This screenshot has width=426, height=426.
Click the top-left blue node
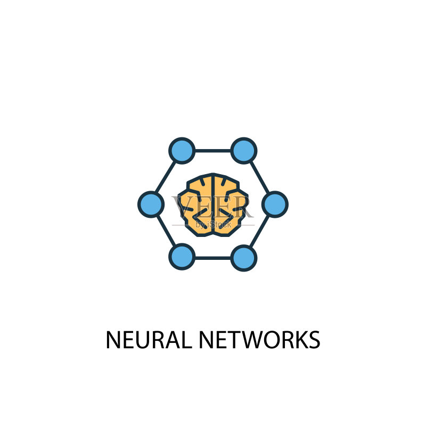pyautogui.click(x=182, y=151)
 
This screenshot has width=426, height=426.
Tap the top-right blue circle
pyautogui.click(x=244, y=151)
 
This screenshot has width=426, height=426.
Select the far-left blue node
pyautogui.click(x=151, y=204)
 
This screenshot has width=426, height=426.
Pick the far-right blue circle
pyautogui.click(x=275, y=204)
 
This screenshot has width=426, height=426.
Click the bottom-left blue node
pyautogui.click(x=182, y=257)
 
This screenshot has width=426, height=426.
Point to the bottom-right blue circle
pyautogui.click(x=244, y=258)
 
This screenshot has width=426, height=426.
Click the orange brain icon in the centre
pyautogui.click(x=212, y=204)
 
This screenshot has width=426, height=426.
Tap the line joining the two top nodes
pyautogui.click(x=212, y=151)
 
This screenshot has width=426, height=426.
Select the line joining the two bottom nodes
pyautogui.click(x=212, y=258)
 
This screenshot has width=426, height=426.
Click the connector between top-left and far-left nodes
pyautogui.click(x=166, y=177)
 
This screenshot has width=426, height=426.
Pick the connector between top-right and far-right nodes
pyautogui.click(x=259, y=177)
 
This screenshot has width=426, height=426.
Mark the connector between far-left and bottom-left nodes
pyautogui.click(x=166, y=231)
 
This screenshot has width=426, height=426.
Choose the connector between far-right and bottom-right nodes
pyautogui.click(x=259, y=232)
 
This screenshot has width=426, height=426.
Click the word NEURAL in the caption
pyautogui.click(x=149, y=340)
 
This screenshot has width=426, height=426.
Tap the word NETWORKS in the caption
pyautogui.click(x=260, y=340)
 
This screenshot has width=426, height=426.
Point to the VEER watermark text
pyautogui.click(x=212, y=207)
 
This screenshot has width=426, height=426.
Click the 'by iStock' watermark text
pyautogui.click(x=213, y=224)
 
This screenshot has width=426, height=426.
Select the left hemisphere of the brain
pyautogui.click(x=195, y=205)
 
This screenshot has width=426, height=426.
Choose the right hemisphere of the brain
pyautogui.click(x=231, y=205)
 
